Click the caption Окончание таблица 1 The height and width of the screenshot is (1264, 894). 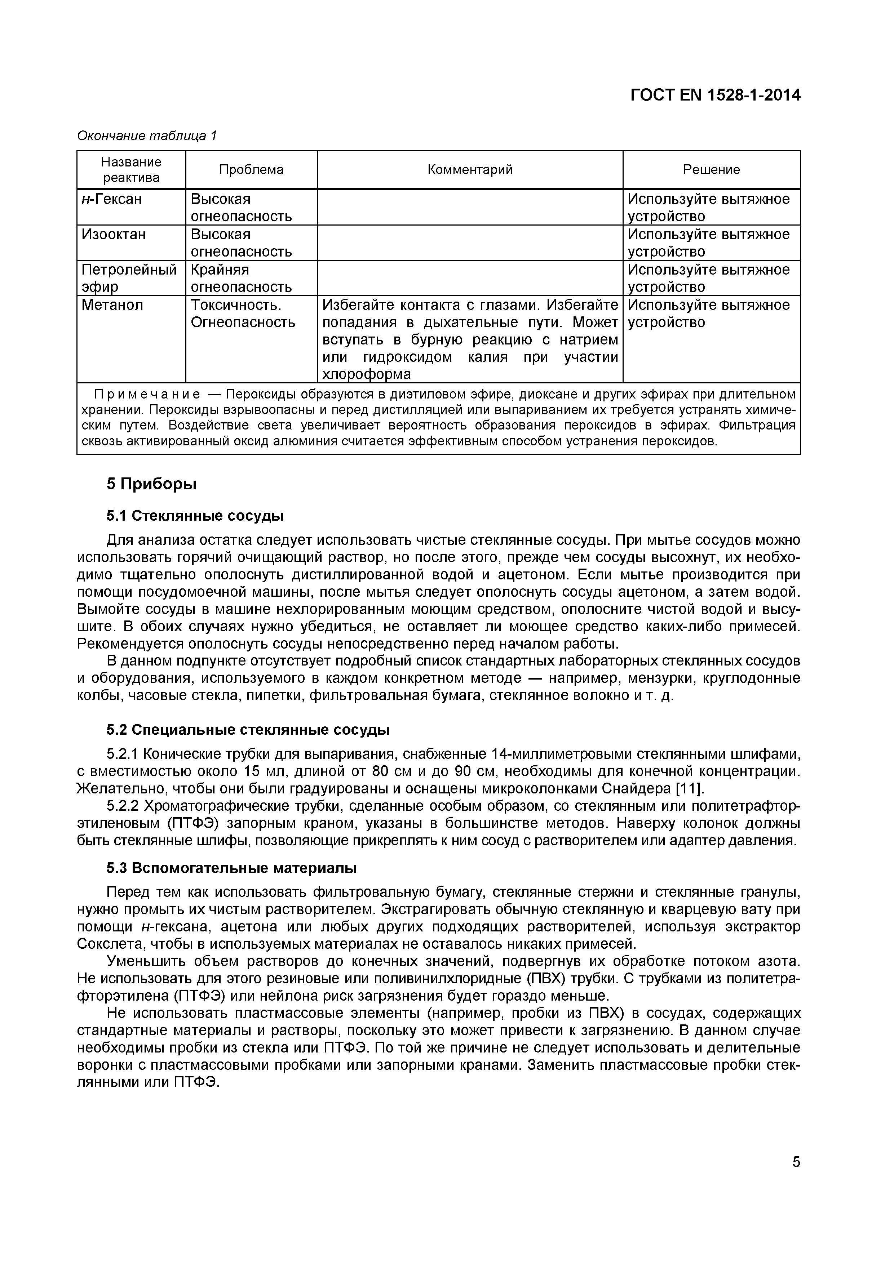147,135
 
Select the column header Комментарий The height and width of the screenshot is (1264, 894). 469,170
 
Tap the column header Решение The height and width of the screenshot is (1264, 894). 711,170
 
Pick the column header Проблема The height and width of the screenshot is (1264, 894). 251,170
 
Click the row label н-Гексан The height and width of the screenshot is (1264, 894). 112,199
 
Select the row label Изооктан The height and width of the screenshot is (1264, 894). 114,235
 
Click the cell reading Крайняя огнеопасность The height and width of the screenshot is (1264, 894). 241,278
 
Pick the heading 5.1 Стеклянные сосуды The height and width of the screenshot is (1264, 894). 195,516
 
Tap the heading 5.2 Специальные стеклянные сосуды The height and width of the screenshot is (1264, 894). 248,730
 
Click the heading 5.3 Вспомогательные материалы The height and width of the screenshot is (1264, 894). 231,868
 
